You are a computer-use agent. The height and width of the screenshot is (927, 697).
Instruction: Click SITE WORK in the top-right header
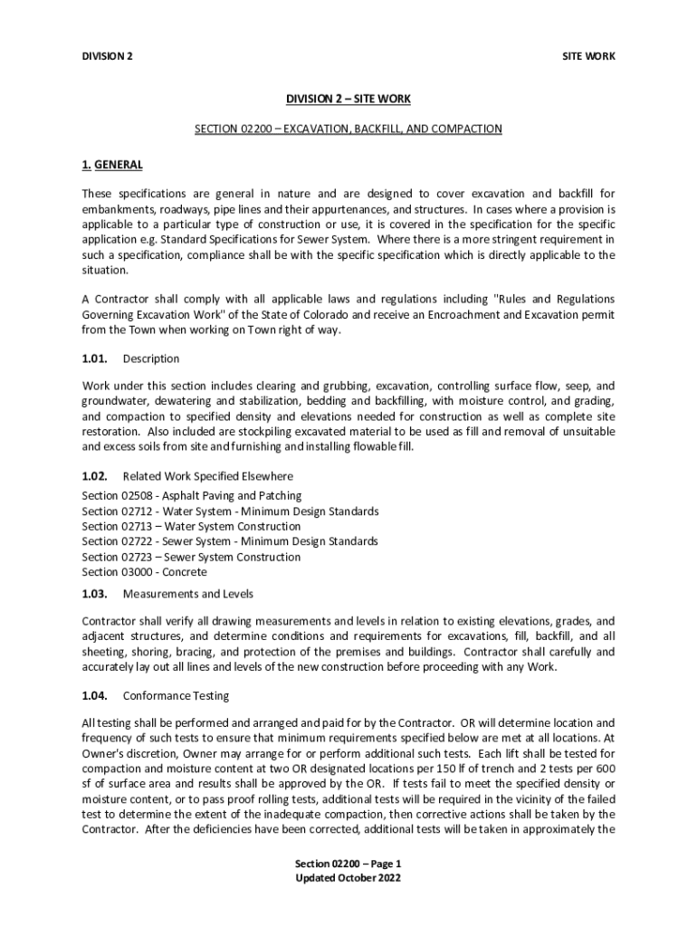[589, 56]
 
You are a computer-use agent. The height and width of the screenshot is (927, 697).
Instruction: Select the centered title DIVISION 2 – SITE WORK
[348, 99]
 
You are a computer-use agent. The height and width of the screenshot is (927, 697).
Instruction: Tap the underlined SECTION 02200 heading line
[348, 129]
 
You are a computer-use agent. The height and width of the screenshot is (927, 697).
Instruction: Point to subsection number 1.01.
[95, 358]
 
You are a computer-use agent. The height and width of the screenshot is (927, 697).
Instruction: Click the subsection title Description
[151, 358]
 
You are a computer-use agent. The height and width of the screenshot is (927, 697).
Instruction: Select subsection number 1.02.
[95, 475]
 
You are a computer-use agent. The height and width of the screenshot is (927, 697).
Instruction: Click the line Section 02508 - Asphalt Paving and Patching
[192, 496]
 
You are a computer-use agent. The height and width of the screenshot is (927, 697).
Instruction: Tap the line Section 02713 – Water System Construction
[191, 526]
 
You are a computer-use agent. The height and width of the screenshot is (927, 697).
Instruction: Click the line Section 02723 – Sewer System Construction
[191, 557]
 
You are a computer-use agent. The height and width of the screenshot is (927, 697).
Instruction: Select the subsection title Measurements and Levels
[188, 594]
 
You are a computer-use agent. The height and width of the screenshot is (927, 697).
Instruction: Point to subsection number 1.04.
[95, 696]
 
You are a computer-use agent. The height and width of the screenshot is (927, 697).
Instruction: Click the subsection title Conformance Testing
[176, 696]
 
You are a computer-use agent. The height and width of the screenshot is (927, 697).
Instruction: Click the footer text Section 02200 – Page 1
[348, 864]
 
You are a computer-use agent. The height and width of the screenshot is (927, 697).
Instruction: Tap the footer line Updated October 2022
[348, 878]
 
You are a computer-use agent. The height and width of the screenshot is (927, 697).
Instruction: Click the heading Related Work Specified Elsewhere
[208, 475]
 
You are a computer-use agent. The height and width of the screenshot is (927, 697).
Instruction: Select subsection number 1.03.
[95, 594]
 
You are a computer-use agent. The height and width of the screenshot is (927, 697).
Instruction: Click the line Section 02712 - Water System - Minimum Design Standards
[230, 511]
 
